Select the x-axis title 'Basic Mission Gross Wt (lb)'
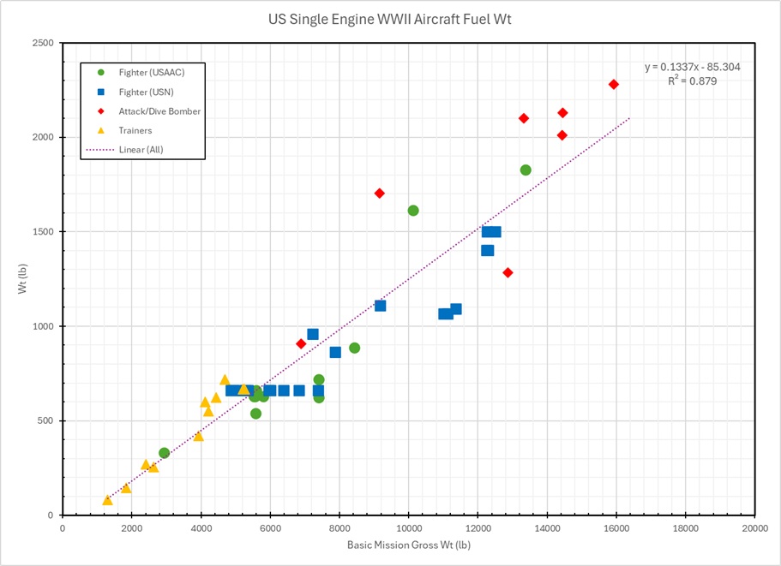[x=408, y=545]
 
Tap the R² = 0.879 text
[x=693, y=80]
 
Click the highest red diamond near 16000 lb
[x=614, y=84]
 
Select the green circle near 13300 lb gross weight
[x=526, y=170]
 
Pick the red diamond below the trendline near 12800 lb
[x=508, y=272]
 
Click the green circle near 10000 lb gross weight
[x=413, y=211]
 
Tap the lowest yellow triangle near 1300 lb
[x=107, y=500]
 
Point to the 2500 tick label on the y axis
[x=43, y=43]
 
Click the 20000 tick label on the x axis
[x=754, y=528]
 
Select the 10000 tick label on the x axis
[x=408, y=528]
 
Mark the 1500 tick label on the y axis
[x=43, y=232]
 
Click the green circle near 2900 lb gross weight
[x=164, y=453]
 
